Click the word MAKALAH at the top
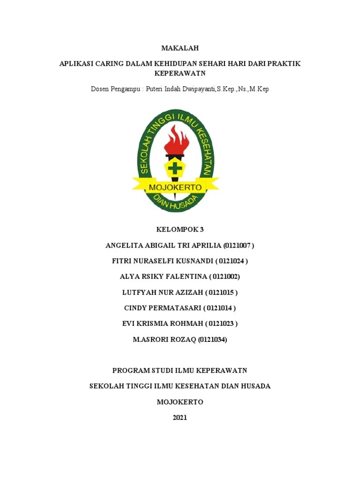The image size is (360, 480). click(180, 48)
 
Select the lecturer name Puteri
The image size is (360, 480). click(156, 89)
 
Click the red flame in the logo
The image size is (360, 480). click(177, 139)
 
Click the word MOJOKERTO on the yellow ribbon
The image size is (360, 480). click(175, 187)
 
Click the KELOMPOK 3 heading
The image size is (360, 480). click(180, 229)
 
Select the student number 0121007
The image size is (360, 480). click(239, 245)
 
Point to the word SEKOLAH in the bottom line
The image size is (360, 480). click(105, 386)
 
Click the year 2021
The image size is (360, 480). click(180, 417)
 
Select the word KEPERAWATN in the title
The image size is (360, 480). click(180, 74)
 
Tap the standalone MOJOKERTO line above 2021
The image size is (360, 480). click(180, 402)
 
